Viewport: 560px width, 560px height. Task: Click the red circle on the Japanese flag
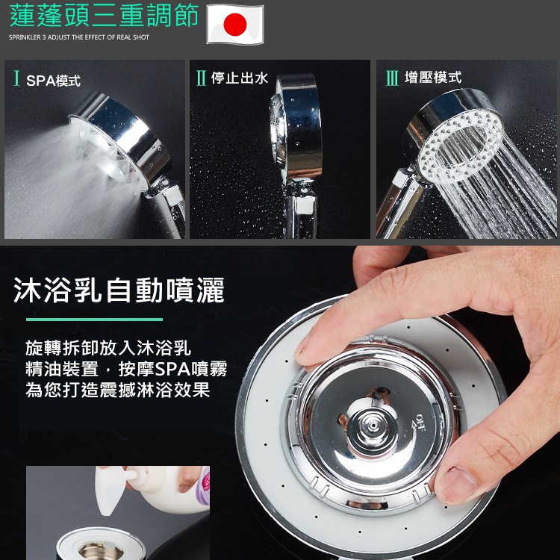(x=235, y=24)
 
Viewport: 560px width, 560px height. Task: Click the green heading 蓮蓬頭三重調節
(x=104, y=16)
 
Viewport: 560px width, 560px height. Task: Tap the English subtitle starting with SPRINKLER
(x=79, y=37)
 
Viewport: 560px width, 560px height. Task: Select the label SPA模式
(x=53, y=81)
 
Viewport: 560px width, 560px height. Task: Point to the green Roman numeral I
(x=16, y=78)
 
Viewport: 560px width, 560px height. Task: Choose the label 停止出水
(x=239, y=78)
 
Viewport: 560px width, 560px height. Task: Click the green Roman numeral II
(x=201, y=78)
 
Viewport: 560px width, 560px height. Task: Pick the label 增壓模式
(x=433, y=78)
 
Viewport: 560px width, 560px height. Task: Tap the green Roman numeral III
(x=392, y=78)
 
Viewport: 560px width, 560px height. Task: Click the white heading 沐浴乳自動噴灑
(x=119, y=290)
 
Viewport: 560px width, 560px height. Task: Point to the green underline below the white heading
(x=94, y=320)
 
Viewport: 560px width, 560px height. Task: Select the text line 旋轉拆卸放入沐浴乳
(x=108, y=348)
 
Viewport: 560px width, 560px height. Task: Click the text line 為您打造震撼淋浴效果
(x=118, y=390)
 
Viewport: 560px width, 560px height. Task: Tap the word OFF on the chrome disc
(x=419, y=422)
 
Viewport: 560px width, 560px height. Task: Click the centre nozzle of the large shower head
(x=373, y=426)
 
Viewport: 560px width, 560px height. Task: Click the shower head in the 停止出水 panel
(x=296, y=128)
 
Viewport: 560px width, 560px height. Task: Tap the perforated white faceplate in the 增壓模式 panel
(x=461, y=146)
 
